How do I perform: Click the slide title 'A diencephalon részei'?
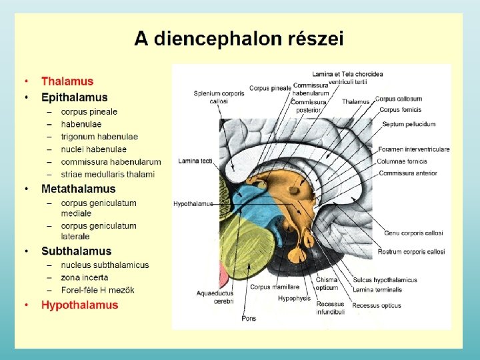(239, 39)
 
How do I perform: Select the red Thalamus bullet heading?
(67, 81)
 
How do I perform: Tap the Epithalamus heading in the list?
(74, 97)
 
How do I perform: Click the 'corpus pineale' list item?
(89, 111)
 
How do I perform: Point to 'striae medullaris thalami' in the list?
(107, 174)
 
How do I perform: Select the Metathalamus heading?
(78, 189)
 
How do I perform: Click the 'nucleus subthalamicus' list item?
(105, 265)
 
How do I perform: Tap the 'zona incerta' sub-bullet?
(84, 277)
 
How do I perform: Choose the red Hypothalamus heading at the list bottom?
(79, 305)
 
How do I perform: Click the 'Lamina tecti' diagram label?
(195, 161)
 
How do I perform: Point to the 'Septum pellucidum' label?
(409, 124)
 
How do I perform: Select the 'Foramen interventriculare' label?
(413, 149)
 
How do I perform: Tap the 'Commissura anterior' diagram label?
(407, 173)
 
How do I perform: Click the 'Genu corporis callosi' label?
(413, 233)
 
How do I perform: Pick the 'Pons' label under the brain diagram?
(249, 319)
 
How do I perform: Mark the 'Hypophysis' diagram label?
(294, 299)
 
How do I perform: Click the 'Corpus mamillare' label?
(270, 287)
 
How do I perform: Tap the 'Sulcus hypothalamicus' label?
(385, 280)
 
